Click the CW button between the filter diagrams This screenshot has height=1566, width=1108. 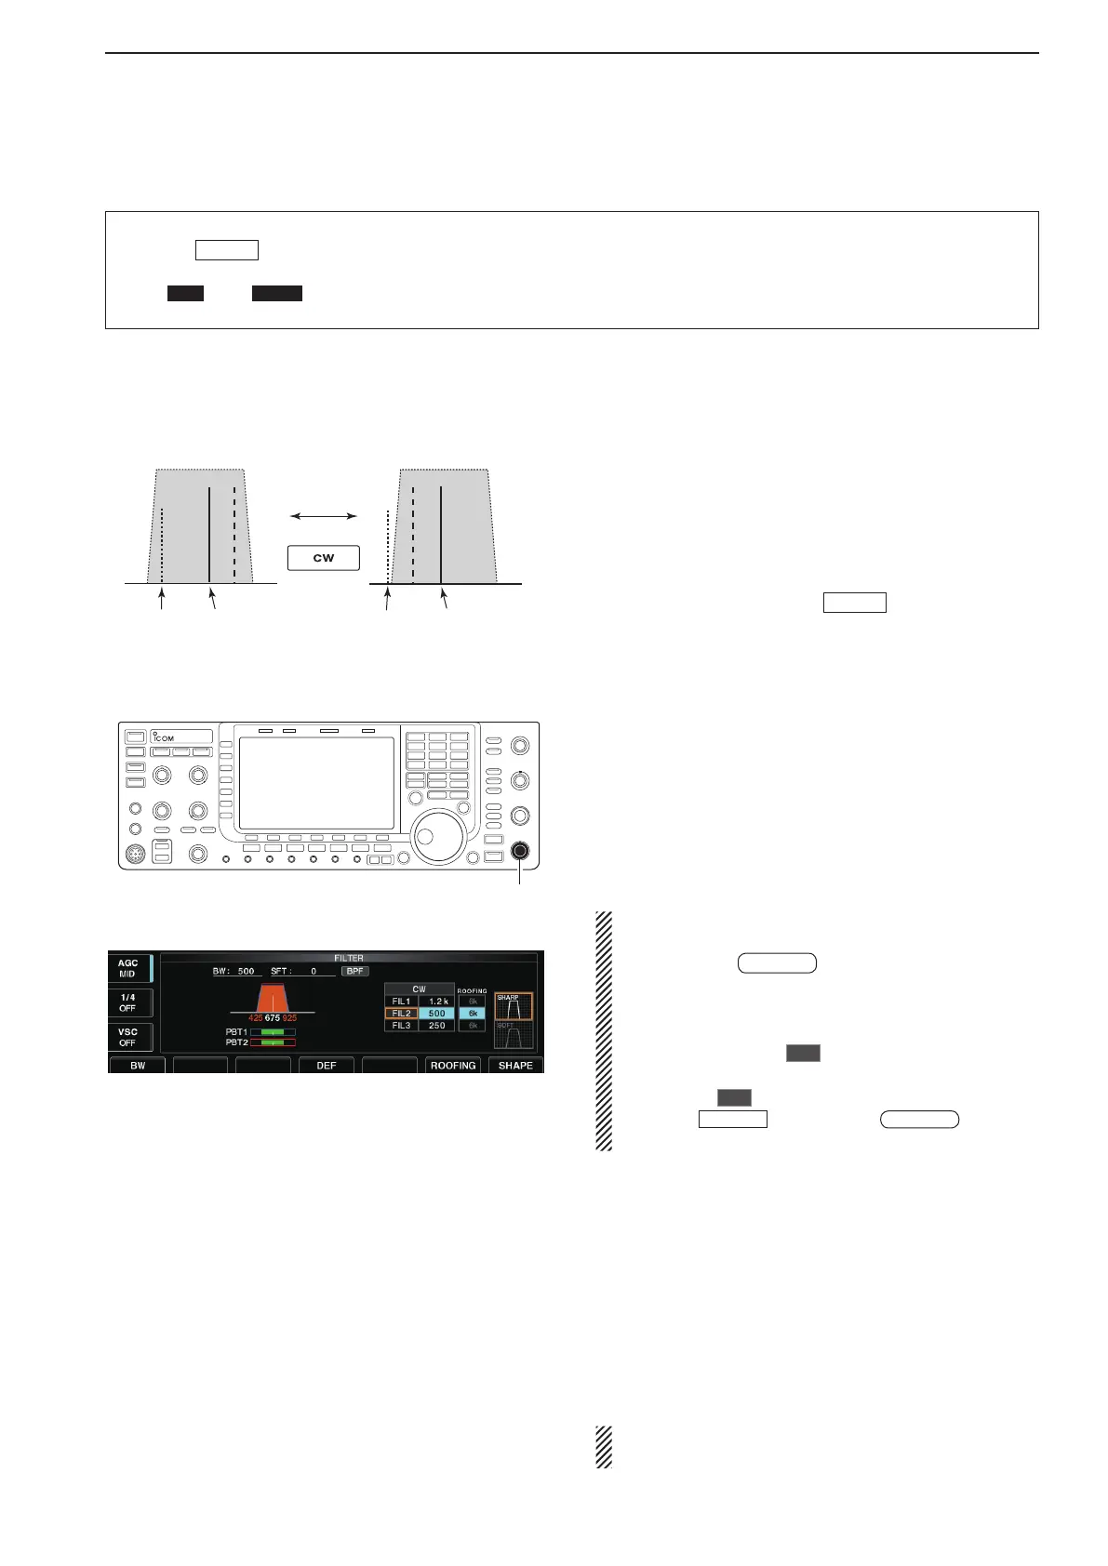(324, 558)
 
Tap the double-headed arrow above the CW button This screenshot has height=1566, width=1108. (324, 515)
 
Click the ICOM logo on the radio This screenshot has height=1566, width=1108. (165, 737)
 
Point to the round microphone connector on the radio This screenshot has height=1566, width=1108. (136, 852)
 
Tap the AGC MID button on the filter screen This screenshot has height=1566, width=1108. (128, 968)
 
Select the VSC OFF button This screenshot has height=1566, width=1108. (128, 1037)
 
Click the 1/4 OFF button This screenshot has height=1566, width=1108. (128, 1002)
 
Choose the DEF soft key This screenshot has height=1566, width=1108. (327, 1066)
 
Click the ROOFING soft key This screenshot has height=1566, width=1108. (453, 1066)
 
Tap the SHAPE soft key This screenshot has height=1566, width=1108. (515, 1066)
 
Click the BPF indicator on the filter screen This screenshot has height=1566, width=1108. (354, 971)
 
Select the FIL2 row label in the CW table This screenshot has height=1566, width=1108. (401, 1014)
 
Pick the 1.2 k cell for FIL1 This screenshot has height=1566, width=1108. (437, 1002)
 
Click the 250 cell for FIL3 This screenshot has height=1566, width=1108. (437, 1026)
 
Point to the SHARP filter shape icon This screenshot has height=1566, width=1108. (514, 1006)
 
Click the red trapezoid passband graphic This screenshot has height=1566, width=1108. (273, 999)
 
